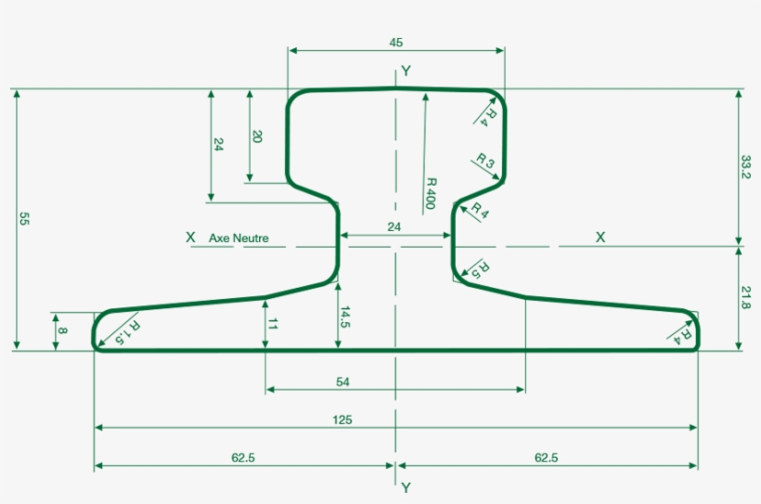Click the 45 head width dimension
click(x=396, y=42)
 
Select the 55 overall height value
click(x=24, y=219)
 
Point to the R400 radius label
click(x=431, y=194)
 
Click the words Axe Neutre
click(x=239, y=239)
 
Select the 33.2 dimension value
click(x=745, y=168)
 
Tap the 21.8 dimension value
click(x=745, y=298)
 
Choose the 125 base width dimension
click(x=342, y=420)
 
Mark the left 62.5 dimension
click(x=245, y=457)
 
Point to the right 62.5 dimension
click(x=546, y=457)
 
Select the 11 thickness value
click(x=273, y=324)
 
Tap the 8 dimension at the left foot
click(x=62, y=330)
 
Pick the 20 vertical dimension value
click(x=257, y=136)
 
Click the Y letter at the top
click(x=406, y=71)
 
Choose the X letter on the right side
click(x=600, y=238)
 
